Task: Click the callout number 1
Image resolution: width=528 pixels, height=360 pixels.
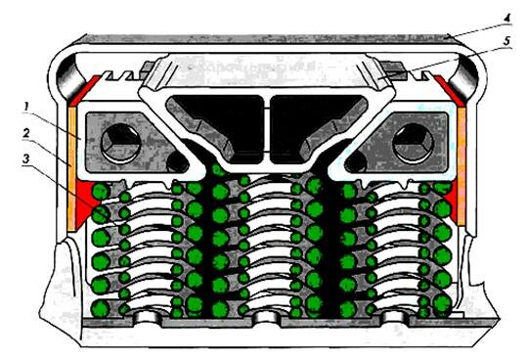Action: pyautogui.click(x=26, y=108)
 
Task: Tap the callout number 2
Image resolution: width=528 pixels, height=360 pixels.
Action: pyautogui.click(x=26, y=133)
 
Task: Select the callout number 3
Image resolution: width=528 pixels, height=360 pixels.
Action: pyautogui.click(x=26, y=158)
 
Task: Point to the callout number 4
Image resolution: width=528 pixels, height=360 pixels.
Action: pyautogui.click(x=506, y=18)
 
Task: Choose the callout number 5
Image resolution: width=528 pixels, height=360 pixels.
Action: pyautogui.click(x=507, y=41)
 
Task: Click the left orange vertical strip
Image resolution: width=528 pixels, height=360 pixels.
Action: pyautogui.click(x=71, y=168)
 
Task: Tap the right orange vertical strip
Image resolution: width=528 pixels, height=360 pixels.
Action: pyautogui.click(x=462, y=165)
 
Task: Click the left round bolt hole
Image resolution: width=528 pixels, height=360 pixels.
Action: pyautogui.click(x=120, y=144)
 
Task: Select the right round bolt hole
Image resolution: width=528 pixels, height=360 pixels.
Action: pyautogui.click(x=413, y=144)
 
